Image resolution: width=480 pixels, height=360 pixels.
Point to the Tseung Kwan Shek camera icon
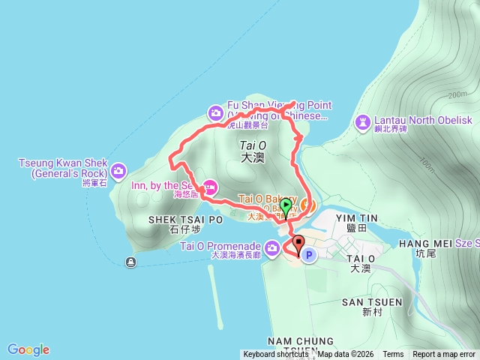[x=118, y=172]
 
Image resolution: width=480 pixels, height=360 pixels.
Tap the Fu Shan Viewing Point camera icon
[x=216, y=113]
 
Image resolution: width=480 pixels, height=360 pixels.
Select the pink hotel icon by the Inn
[x=211, y=187]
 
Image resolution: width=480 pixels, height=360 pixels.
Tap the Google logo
[x=28, y=349]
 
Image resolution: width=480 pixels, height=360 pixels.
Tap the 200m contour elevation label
[x=456, y=95]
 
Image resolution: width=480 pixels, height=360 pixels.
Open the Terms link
[x=393, y=355]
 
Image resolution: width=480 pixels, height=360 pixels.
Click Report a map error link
[x=445, y=355]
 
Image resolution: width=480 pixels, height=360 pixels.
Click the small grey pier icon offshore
[x=132, y=262]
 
